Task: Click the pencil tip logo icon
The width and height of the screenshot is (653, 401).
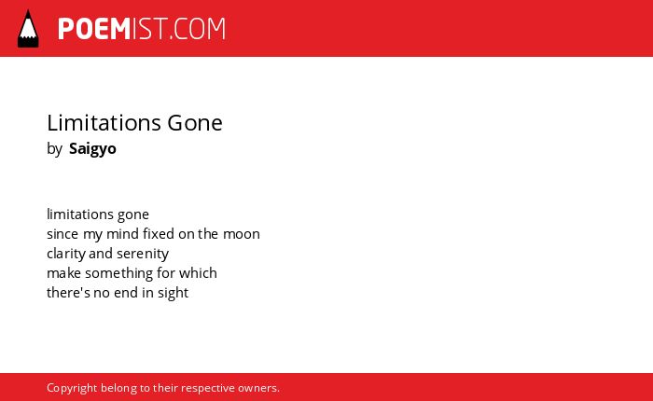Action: (x=28, y=28)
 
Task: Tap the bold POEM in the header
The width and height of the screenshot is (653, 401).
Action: (x=94, y=29)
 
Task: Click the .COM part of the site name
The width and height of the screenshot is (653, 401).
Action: (x=197, y=29)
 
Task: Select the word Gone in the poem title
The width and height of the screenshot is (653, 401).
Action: (x=195, y=123)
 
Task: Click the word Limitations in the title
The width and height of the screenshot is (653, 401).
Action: (x=104, y=123)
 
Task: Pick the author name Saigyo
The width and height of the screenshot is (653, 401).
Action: (x=92, y=148)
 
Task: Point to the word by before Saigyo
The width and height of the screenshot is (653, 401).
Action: (x=54, y=148)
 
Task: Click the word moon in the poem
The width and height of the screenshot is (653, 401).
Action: (x=242, y=234)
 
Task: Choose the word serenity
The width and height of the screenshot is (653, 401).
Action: (x=143, y=254)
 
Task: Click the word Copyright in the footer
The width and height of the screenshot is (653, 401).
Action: (x=72, y=388)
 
